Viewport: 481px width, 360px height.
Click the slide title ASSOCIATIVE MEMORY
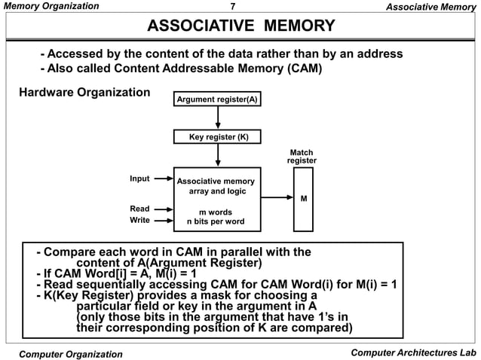coord(240,27)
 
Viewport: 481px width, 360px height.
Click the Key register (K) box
coord(217,137)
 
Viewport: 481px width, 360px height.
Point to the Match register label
coord(302,157)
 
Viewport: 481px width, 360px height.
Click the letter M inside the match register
coord(303,199)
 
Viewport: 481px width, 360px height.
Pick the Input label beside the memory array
coord(139,178)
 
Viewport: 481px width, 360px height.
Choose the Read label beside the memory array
coord(139,209)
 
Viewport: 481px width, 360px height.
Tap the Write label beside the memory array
coord(139,221)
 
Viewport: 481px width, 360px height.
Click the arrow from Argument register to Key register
coord(218,117)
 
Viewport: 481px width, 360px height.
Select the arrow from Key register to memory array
coord(218,155)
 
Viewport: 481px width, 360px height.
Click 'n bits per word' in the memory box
coord(216,222)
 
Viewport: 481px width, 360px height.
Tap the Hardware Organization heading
coord(84,93)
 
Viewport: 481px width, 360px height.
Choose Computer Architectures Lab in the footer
coord(413,352)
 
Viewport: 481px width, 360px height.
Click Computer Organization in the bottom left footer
coord(71,354)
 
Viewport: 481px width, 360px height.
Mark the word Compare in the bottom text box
coord(75,252)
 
